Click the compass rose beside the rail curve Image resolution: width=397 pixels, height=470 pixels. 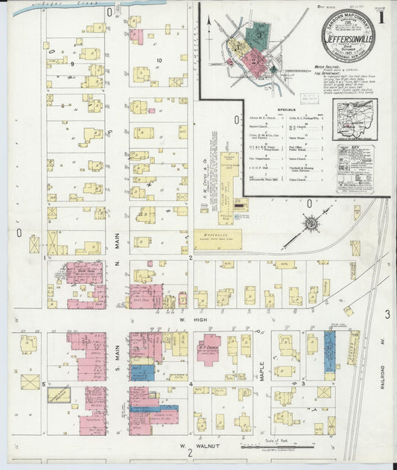tap(307, 223)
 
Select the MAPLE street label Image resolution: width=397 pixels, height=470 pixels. tap(262, 370)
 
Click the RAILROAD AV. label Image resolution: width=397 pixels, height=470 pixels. tap(384, 372)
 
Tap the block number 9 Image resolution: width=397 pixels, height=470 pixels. tap(72, 64)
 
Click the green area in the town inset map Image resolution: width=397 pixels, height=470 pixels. tap(258, 34)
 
